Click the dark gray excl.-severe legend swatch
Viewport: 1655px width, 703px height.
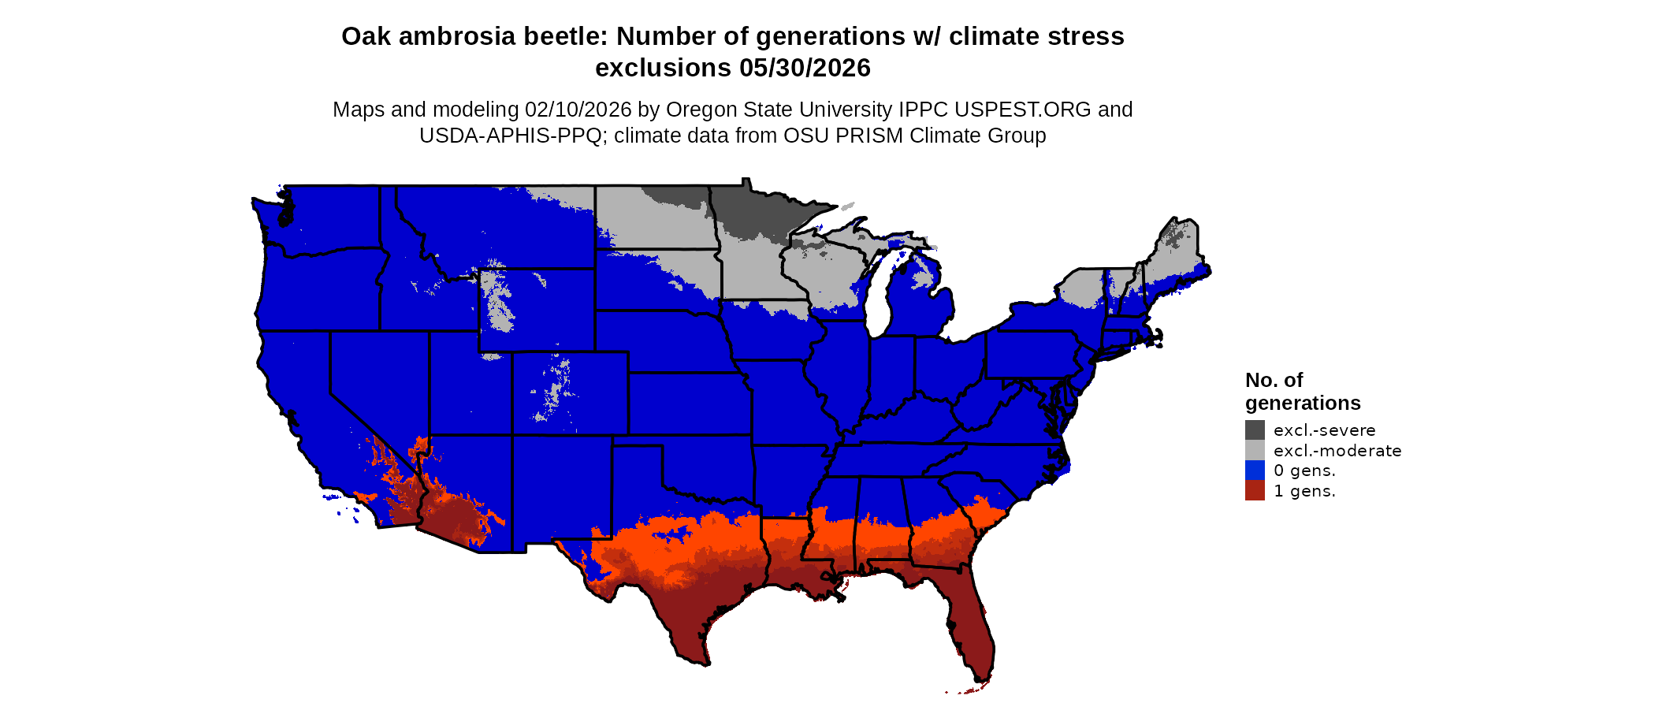1255,430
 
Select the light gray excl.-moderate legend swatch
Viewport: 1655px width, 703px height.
1255,450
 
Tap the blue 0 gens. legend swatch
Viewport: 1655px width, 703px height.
1255,471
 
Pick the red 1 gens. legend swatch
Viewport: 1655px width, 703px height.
1255,491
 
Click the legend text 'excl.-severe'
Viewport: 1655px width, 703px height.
1324,430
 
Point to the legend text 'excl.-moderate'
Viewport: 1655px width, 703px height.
1337,451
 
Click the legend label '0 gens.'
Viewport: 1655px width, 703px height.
1304,471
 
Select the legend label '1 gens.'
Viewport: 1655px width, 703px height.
1304,491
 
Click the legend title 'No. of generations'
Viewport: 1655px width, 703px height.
1302,392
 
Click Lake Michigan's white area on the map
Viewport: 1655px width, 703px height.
880,303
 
